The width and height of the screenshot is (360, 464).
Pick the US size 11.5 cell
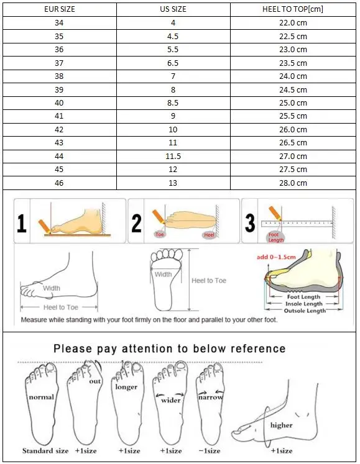click(x=173, y=157)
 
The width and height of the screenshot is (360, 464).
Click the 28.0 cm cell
click(x=292, y=183)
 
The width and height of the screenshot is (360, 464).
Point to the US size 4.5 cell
click(x=173, y=36)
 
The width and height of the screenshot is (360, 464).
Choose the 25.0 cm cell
click(x=292, y=103)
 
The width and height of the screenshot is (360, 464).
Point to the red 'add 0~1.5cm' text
click(x=275, y=256)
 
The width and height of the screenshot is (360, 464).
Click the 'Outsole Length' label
click(x=305, y=311)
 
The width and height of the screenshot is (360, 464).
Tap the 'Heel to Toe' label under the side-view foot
click(x=61, y=307)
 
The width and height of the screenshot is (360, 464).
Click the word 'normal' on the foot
click(x=40, y=397)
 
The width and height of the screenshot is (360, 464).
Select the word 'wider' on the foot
click(x=170, y=401)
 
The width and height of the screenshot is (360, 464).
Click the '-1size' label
click(x=210, y=450)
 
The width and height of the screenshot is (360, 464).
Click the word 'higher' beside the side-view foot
click(x=281, y=425)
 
